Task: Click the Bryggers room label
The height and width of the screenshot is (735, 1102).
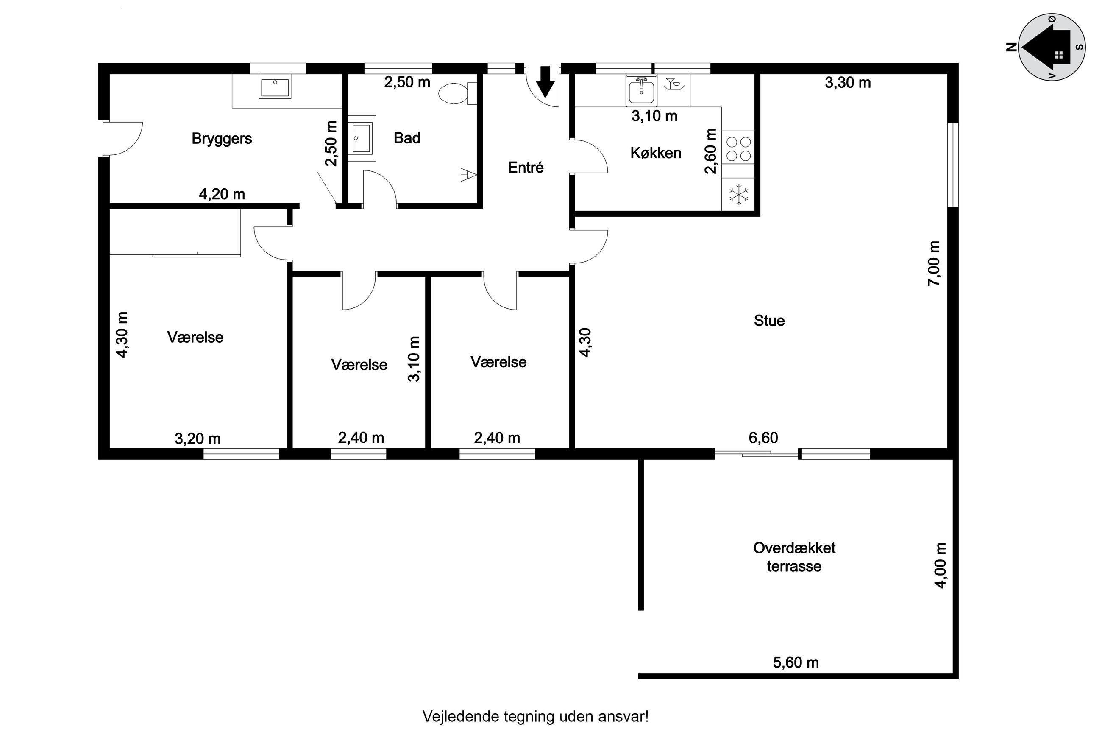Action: (222, 139)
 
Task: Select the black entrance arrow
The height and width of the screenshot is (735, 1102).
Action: (545, 82)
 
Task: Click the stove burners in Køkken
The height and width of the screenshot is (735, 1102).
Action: (737, 148)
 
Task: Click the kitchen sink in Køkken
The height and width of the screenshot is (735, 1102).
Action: (641, 90)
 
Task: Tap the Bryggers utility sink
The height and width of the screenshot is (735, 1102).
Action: (275, 88)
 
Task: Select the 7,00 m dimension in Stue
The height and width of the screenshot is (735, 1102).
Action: (933, 263)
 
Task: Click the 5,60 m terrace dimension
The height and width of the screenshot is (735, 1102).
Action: (796, 662)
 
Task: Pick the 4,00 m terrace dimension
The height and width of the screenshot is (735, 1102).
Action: (940, 565)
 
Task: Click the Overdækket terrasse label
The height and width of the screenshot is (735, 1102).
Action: (794, 557)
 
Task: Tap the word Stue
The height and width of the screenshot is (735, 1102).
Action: (769, 321)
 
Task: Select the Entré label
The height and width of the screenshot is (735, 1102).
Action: (526, 168)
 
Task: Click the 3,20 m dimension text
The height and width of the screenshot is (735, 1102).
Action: (198, 439)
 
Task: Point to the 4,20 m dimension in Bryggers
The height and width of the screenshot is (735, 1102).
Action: (222, 194)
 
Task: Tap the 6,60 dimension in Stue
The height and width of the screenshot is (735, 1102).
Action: (763, 438)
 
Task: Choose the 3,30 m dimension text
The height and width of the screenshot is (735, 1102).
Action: (848, 83)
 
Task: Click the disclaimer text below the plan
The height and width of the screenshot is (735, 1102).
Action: (535, 716)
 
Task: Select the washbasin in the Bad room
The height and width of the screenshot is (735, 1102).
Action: (362, 138)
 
